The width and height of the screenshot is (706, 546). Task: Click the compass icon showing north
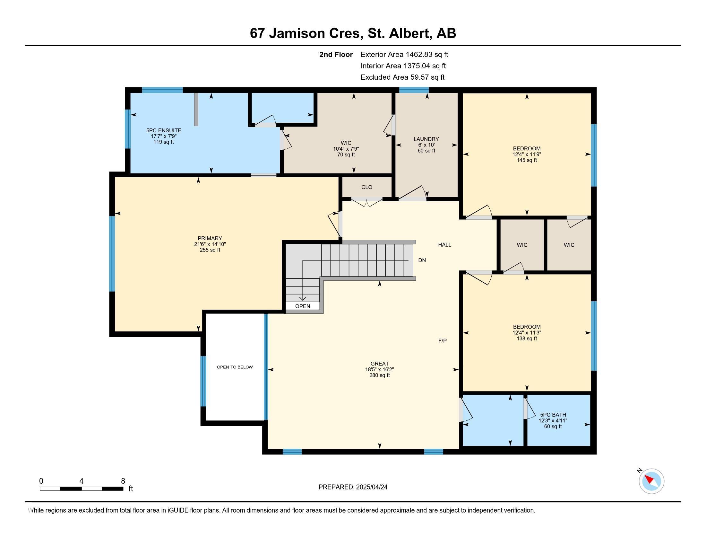651,481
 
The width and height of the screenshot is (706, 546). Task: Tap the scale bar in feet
82,489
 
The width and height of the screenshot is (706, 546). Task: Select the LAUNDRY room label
426,139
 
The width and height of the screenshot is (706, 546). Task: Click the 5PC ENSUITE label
164,130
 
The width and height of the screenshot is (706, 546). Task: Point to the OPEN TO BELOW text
235,367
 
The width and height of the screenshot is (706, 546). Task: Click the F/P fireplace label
443,340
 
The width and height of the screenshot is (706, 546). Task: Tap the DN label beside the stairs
422,260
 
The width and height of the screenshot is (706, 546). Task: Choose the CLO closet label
366,187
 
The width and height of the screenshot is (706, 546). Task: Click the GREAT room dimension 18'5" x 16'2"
380,369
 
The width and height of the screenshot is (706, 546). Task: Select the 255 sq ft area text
210,250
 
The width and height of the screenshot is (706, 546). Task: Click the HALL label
444,245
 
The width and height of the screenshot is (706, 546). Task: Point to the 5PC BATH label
553,415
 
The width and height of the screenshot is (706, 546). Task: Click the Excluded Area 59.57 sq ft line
402,77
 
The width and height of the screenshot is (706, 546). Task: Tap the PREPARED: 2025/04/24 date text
353,487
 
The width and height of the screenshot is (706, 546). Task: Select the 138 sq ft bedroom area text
527,339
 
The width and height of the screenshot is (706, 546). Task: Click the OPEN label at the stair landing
303,306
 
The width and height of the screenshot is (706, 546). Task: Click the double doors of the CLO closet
367,202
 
